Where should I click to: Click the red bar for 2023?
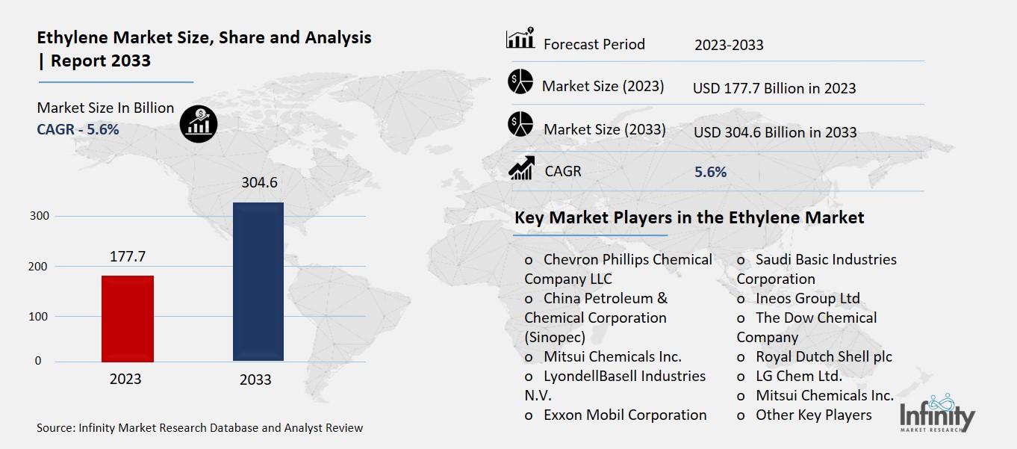[128, 319]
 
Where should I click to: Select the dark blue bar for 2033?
[258, 282]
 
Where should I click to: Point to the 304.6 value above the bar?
[259, 182]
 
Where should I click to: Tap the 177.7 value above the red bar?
[127, 256]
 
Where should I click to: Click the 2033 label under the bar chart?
[255, 380]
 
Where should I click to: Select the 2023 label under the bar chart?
[125, 379]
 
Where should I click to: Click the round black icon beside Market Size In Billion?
[199, 123]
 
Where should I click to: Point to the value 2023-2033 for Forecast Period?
[729, 45]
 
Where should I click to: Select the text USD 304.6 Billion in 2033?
[775, 132]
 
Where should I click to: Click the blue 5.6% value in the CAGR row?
[710, 172]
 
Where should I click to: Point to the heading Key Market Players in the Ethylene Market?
[689, 217]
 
